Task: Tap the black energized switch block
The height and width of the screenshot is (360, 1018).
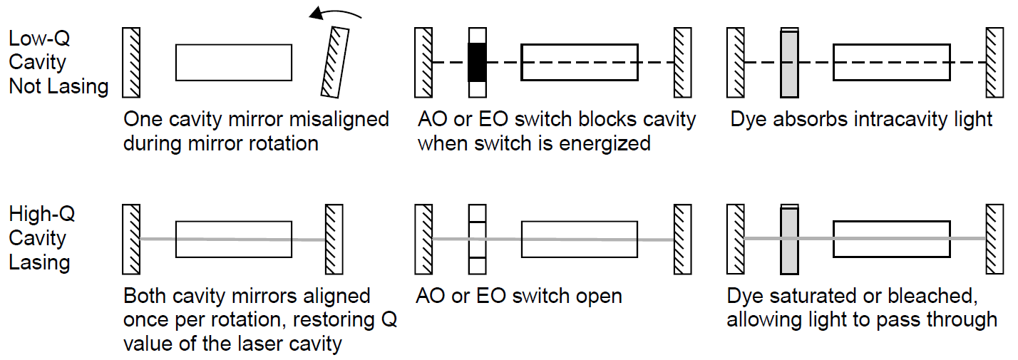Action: (x=477, y=62)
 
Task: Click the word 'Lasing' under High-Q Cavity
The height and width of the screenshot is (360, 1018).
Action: (x=39, y=262)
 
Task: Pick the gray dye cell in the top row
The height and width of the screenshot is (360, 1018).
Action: (x=789, y=62)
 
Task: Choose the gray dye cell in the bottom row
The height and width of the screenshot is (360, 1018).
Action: (x=789, y=240)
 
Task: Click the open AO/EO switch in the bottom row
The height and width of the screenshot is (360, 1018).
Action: (x=477, y=240)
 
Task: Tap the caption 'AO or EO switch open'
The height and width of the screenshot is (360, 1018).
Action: (x=520, y=296)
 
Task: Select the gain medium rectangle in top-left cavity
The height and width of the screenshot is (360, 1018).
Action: (x=233, y=62)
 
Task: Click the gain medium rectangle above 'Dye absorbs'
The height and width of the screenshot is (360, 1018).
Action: (x=891, y=62)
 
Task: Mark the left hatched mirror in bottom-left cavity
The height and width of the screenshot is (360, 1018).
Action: (x=131, y=240)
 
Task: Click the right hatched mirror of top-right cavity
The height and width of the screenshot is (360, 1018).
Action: (x=994, y=62)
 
